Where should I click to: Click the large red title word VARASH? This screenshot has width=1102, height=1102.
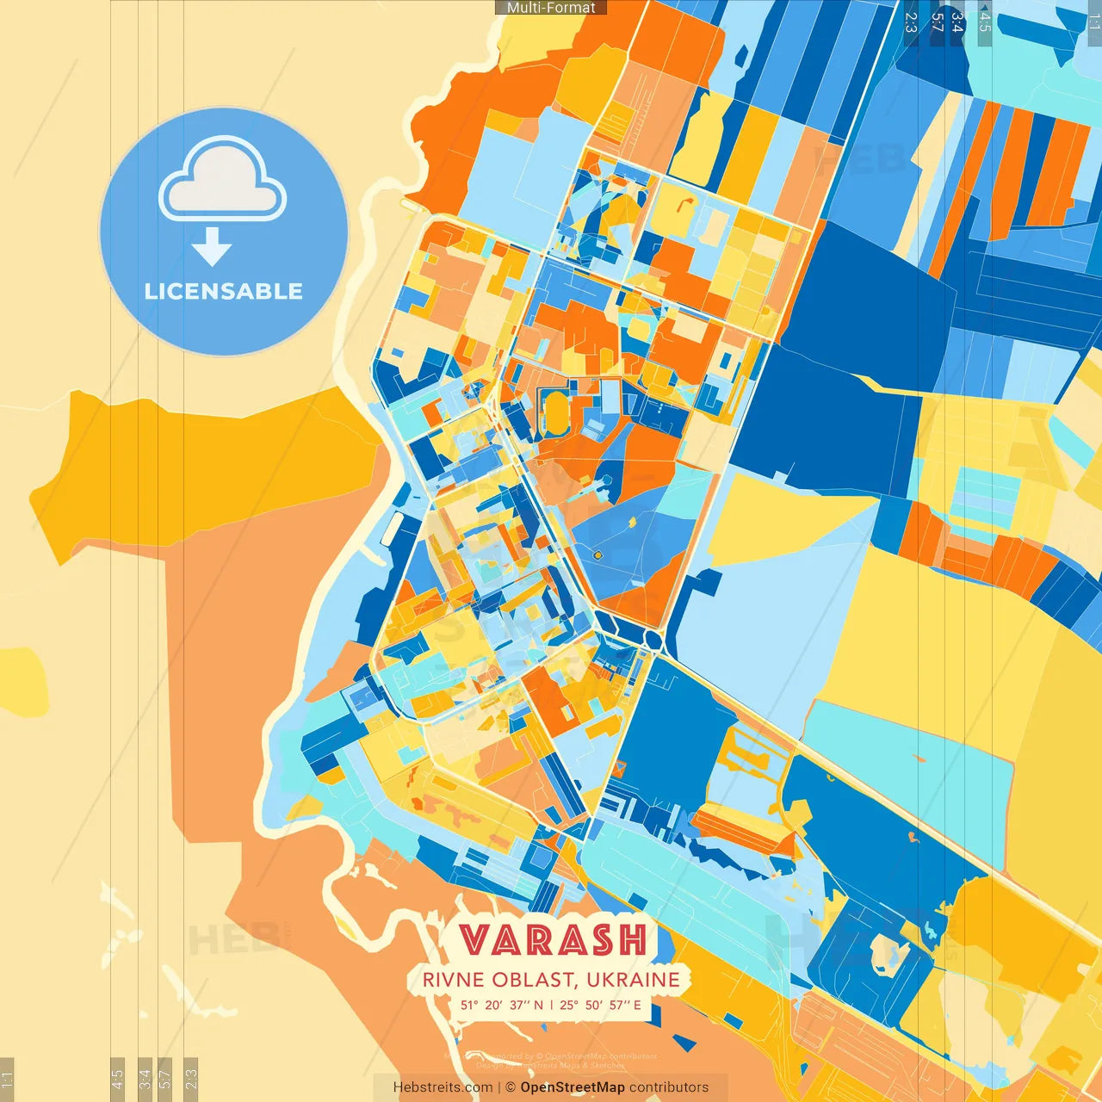coord(552,940)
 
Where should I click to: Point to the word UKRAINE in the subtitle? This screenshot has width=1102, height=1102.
coord(635,980)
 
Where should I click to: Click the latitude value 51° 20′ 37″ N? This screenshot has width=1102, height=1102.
coord(501,1005)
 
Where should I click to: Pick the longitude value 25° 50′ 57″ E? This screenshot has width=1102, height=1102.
coord(600,1005)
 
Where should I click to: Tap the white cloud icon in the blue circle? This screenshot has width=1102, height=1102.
coord(222,182)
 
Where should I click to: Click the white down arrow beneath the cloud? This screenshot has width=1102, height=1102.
coord(212,247)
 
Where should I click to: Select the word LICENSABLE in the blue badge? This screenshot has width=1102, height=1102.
coord(223,291)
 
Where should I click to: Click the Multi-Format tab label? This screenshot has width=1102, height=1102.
coord(551,8)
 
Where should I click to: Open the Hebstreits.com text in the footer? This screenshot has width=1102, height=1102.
coord(443,1087)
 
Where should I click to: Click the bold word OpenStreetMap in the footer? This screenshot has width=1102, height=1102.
coord(573,1087)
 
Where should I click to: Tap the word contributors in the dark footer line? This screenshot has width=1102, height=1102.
coord(669,1087)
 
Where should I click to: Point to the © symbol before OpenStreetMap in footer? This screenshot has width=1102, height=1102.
coord(511,1087)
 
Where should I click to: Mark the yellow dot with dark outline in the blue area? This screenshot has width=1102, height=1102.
coord(597,556)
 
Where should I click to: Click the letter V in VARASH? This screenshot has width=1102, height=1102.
coord(474,940)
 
